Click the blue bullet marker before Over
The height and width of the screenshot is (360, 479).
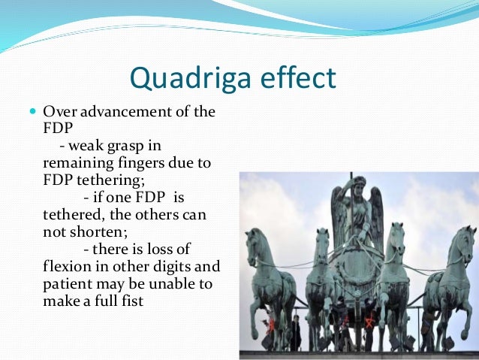pyautogui.click(x=32, y=111)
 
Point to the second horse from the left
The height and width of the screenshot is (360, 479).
pyautogui.click(x=321, y=278)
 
